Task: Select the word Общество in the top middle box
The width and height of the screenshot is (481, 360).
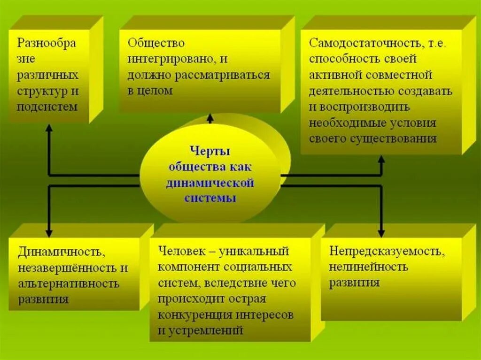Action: point(156,43)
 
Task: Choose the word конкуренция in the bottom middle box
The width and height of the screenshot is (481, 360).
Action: point(194,314)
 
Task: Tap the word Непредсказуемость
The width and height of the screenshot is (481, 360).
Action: point(386,251)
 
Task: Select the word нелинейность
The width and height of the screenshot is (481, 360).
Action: point(368,267)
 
